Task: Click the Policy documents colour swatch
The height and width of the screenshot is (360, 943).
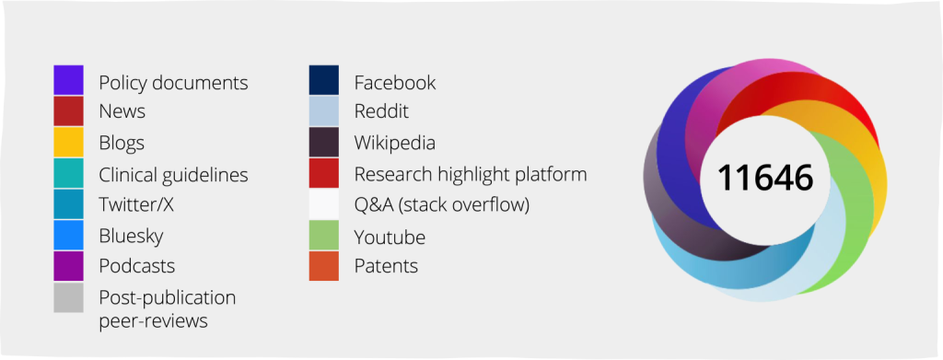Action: pyautogui.click(x=68, y=80)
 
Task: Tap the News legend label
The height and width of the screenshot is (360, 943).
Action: pyautogui.click(x=122, y=111)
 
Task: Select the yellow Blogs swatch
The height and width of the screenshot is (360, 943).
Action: pyautogui.click(x=68, y=142)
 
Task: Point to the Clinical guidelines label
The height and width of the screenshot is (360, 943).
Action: pyautogui.click(x=173, y=175)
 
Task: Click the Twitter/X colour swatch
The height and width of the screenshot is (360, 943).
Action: pyautogui.click(x=68, y=203)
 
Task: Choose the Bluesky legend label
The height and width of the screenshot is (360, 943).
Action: pyautogui.click(x=131, y=237)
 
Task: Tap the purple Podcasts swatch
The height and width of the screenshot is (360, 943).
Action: pyautogui.click(x=68, y=266)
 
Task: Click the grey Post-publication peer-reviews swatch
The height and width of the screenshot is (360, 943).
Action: pyautogui.click(x=68, y=296)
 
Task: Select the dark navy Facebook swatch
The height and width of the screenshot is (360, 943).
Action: pyautogui.click(x=324, y=80)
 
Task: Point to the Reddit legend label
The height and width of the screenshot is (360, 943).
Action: pyautogui.click(x=381, y=111)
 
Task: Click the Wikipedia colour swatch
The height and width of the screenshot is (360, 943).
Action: pyautogui.click(x=324, y=142)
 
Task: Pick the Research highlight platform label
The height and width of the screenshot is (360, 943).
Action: pyautogui.click(x=471, y=174)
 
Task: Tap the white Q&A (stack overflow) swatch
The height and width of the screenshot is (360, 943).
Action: pyautogui.click(x=324, y=203)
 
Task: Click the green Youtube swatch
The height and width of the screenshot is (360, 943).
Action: pyautogui.click(x=324, y=235)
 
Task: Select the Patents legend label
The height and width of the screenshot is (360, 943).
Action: pyautogui.click(x=386, y=266)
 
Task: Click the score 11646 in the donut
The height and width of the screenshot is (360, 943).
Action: pyautogui.click(x=765, y=178)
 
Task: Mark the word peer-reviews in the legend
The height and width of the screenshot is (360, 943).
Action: pyautogui.click(x=154, y=321)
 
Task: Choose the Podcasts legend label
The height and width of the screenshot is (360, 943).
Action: pyautogui.click(x=137, y=266)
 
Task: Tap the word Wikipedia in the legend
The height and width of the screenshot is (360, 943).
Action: pyautogui.click(x=394, y=144)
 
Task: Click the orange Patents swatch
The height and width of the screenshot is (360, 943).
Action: pyautogui.click(x=324, y=266)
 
